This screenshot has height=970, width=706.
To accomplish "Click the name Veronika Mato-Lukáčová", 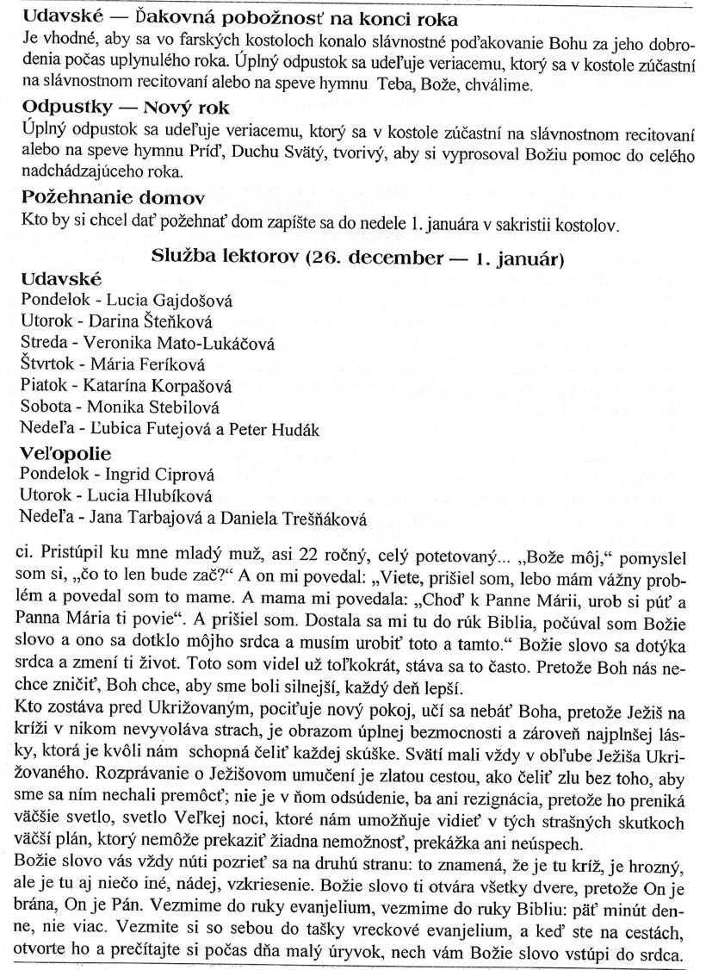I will [180, 343].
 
